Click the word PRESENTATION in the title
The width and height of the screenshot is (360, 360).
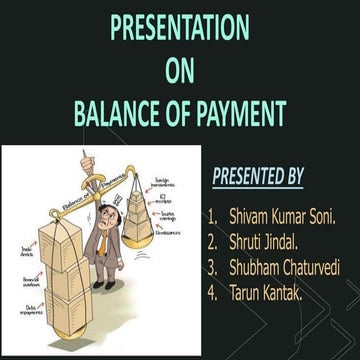tap(179, 27)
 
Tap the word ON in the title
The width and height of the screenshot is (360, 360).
tap(179, 70)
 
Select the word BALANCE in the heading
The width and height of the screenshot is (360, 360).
tap(118, 114)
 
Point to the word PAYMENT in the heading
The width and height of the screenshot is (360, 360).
tap(235, 114)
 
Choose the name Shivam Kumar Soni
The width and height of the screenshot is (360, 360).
tap(282, 216)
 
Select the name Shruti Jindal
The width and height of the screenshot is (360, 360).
tap(268, 241)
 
